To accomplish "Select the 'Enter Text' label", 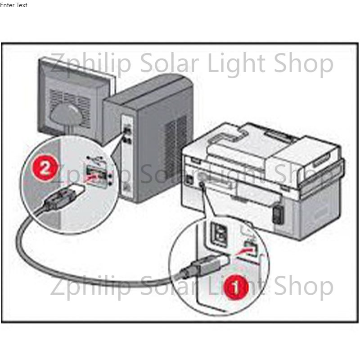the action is point(14,5).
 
